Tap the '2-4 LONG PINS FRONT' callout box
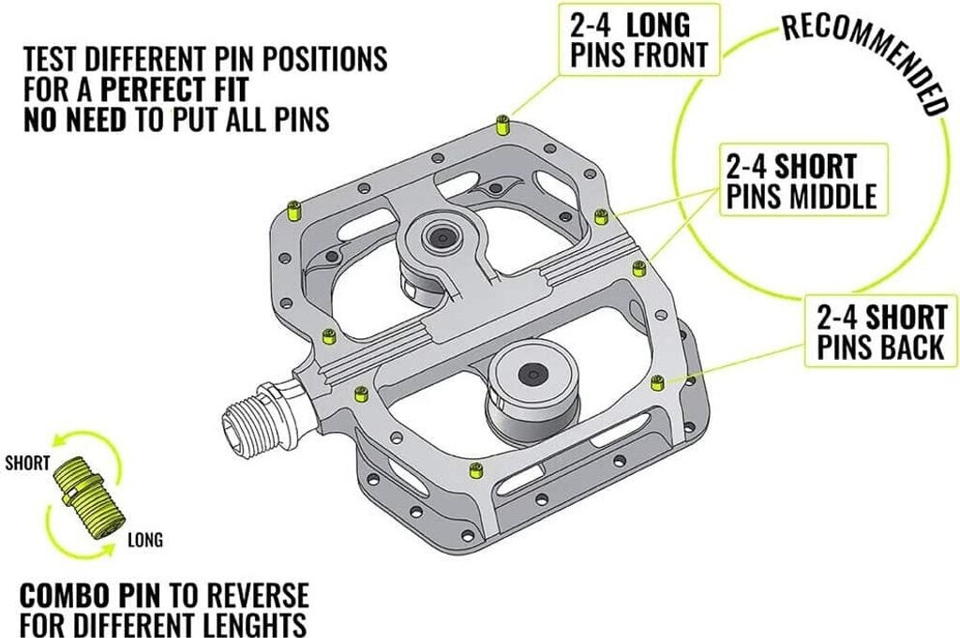pos(642,39)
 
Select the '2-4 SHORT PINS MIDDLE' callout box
pos(802,181)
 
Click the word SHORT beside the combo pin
pos(27,463)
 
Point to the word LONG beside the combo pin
pos(144,540)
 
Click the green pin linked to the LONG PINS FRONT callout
pos(502,123)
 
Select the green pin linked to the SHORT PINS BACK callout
pos(657,381)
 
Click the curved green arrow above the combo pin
pos(74,439)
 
